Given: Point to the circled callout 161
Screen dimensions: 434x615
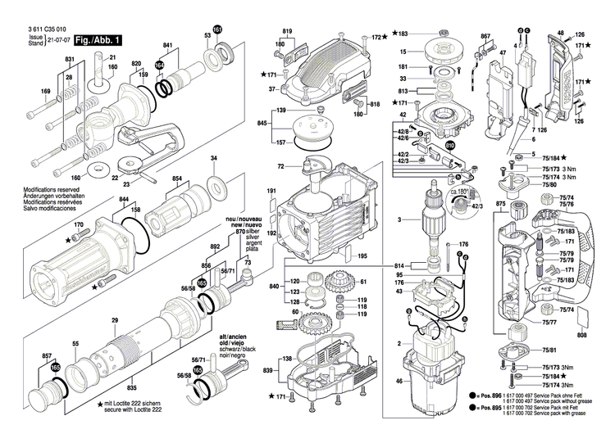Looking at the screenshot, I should (x=217, y=30).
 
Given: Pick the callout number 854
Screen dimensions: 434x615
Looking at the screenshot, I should (x=176, y=178).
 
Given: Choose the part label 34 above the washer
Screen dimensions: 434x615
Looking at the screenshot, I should (x=214, y=158).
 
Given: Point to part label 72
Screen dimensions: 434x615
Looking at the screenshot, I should (x=280, y=166).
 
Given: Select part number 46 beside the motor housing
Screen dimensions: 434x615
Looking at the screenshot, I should (x=398, y=382).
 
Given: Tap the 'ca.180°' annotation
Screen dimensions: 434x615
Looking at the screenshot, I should (x=458, y=191).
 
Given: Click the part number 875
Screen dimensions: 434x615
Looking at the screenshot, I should (x=500, y=202).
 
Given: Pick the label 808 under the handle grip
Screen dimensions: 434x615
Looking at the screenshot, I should (x=582, y=335).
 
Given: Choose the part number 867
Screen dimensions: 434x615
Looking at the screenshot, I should (x=485, y=37).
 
